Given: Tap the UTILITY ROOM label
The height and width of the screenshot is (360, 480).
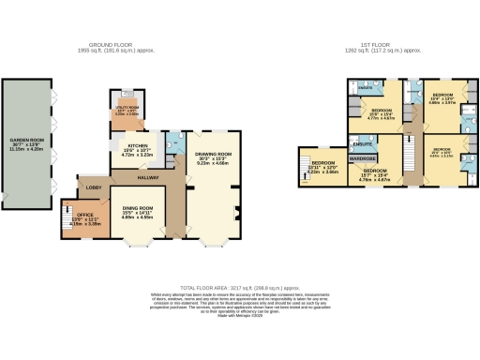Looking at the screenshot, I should click(126, 107).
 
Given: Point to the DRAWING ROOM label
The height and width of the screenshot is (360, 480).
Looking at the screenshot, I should click(213, 154).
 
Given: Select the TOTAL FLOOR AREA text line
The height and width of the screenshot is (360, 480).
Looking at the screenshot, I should click(240, 288).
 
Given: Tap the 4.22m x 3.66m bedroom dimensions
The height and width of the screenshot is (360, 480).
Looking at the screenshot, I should click(322, 173).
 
